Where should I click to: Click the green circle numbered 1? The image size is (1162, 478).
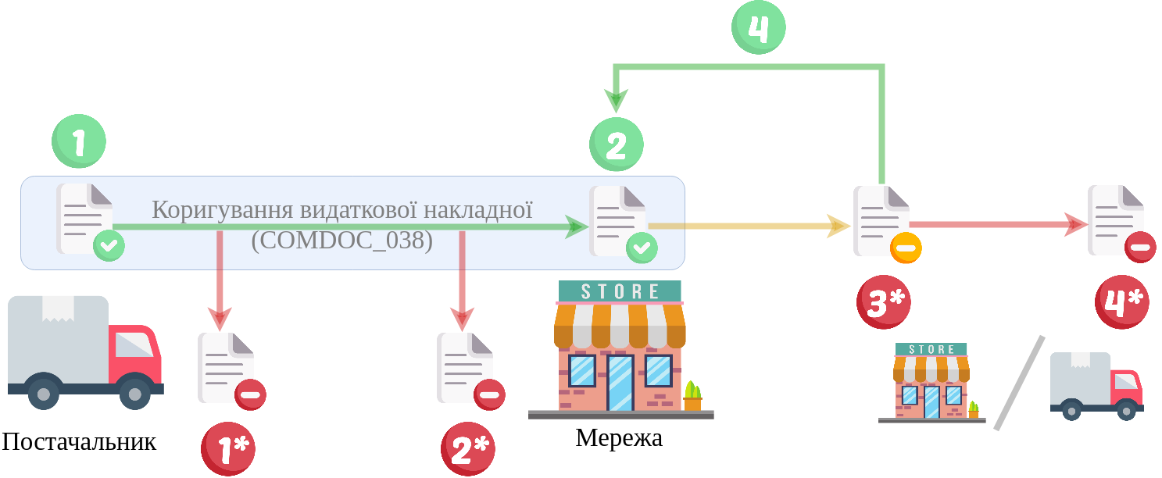[79, 141]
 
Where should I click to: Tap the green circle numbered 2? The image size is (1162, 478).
[616, 144]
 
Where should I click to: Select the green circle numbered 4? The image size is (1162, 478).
[758, 27]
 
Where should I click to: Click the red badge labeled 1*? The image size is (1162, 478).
[228, 448]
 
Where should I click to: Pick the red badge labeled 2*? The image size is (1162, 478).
[467, 448]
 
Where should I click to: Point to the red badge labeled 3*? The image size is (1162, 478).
[883, 302]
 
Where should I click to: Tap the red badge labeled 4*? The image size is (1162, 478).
[1121, 302]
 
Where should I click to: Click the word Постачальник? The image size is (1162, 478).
[79, 442]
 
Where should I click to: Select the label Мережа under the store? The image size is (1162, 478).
[619, 438]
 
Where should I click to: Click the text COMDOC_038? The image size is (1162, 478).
[342, 240]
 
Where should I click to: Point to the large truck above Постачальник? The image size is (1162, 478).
[84, 351]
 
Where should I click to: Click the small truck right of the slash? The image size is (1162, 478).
[1096, 386]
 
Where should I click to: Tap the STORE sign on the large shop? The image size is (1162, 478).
[620, 291]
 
